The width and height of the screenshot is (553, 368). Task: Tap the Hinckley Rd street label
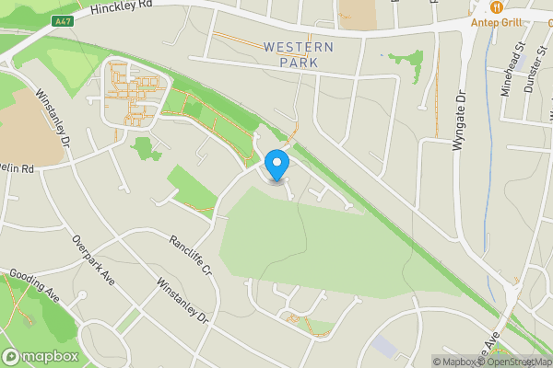pyautogui.click(x=122, y=10)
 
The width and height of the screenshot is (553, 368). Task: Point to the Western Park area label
pyautogui.click(x=298, y=54)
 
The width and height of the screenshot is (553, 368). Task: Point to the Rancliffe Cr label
pyautogui.click(x=191, y=256)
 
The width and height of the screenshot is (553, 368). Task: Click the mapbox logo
pyautogui.click(x=40, y=356)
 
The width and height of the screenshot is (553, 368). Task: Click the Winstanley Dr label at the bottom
pyautogui.click(x=184, y=304)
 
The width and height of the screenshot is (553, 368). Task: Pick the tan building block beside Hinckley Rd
pyautogui.click(x=357, y=12)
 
